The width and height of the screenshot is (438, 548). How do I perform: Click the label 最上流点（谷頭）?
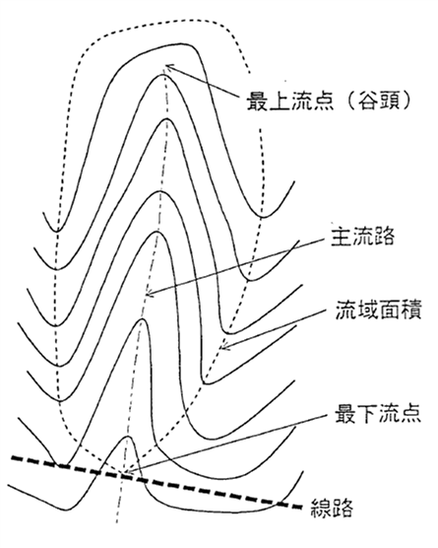[x=329, y=102]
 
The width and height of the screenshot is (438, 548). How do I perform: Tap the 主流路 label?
[x=362, y=236]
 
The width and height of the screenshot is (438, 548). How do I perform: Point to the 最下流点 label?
[x=378, y=413]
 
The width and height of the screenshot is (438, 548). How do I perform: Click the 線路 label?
[x=332, y=508]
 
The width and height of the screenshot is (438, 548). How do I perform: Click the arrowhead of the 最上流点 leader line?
[x=168, y=67]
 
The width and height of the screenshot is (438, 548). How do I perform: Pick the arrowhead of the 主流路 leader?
[x=150, y=294]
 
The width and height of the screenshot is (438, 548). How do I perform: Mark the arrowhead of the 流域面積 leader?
[x=224, y=346]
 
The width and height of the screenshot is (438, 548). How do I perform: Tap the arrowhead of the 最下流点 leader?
[x=128, y=472]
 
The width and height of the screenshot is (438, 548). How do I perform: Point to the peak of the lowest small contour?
[x=128, y=437]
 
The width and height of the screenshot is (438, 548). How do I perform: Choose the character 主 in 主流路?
[x=342, y=236]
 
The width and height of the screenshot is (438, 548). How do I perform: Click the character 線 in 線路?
[x=321, y=508]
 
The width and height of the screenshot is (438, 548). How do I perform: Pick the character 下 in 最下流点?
[x=367, y=413]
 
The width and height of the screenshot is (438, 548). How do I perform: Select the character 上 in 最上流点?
[x=279, y=102]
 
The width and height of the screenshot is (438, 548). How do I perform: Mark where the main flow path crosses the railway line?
[x=122, y=474]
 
